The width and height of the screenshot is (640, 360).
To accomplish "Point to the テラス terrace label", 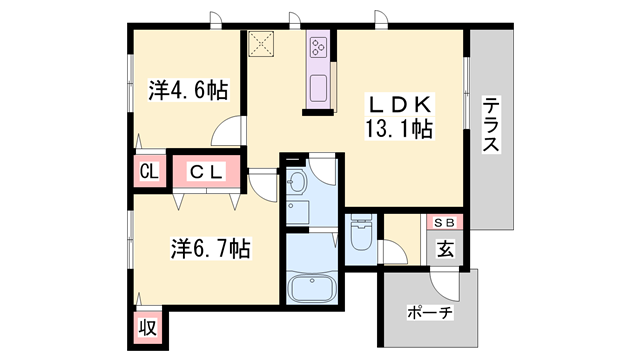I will (491, 126).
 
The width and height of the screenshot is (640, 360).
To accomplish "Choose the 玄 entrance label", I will (443, 248).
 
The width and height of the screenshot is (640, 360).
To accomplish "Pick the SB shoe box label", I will (443, 223).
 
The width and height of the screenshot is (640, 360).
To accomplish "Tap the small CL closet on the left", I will (149, 172).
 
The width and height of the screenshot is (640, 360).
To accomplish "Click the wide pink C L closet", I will (208, 172).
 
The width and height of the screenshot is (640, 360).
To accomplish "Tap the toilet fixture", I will (361, 236).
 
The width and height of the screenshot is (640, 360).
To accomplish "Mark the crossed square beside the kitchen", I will (263, 44).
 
